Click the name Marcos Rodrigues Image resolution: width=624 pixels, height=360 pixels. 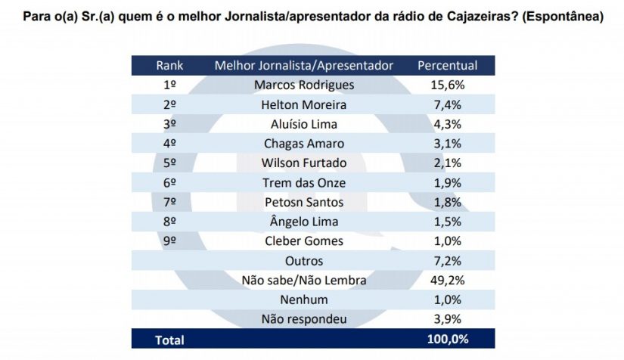pyautogui.click(x=304, y=85)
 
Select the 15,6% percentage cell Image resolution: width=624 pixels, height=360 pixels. pyautogui.click(x=447, y=85)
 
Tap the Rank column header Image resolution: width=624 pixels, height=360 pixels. pyautogui.click(x=169, y=65)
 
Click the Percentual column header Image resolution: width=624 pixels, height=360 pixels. pyautogui.click(x=448, y=65)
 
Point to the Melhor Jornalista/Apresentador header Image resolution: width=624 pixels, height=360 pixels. pyautogui.click(x=304, y=65)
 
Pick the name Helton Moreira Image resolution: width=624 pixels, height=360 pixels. pyautogui.click(x=304, y=104)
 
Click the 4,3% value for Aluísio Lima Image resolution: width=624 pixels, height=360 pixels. pyautogui.click(x=447, y=124)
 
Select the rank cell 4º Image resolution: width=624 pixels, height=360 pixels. pyautogui.click(x=169, y=144)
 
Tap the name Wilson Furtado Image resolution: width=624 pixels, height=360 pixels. pyautogui.click(x=304, y=163)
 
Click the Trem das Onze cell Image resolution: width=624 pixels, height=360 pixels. pyautogui.click(x=304, y=183)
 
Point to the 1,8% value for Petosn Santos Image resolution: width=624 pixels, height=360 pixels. pyautogui.click(x=447, y=203)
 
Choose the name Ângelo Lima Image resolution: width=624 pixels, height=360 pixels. pyautogui.click(x=304, y=222)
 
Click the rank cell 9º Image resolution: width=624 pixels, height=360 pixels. pyautogui.click(x=169, y=241)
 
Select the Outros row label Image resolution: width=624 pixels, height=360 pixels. pyautogui.click(x=304, y=261)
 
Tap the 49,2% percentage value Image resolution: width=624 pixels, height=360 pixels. pyautogui.click(x=447, y=281)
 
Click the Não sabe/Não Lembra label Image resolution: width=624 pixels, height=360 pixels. pyautogui.click(x=304, y=281)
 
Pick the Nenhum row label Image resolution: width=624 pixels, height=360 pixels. pyautogui.click(x=304, y=300)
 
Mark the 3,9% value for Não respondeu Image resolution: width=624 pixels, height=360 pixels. pyautogui.click(x=447, y=320)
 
